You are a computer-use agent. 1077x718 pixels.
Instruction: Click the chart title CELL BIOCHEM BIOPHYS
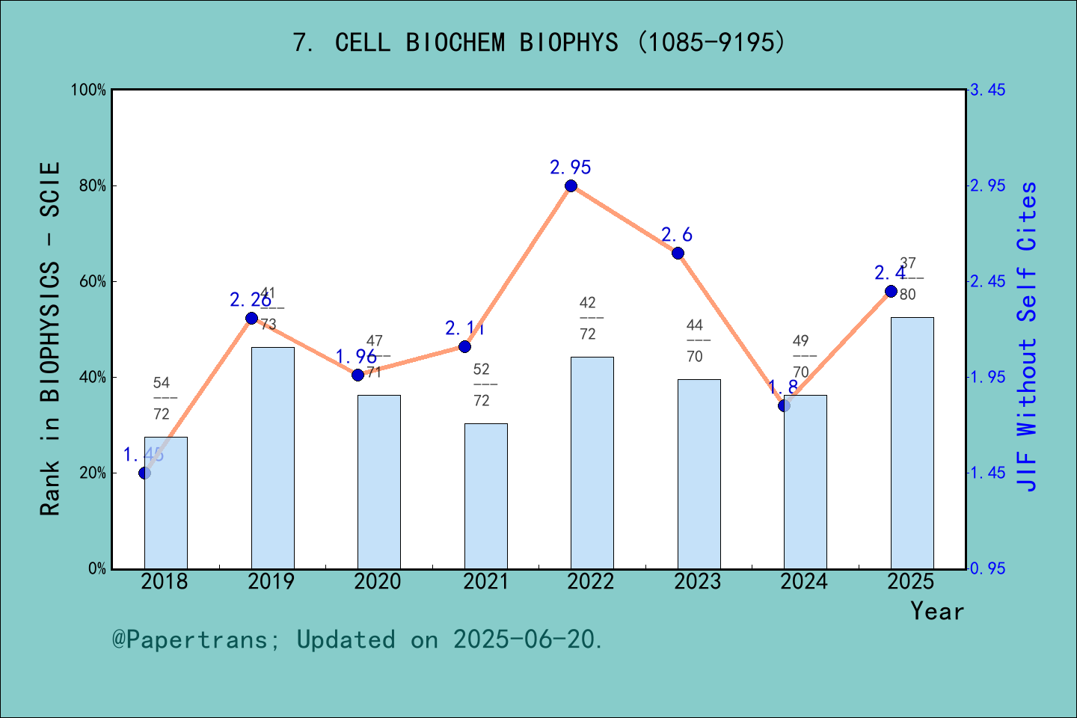tap(538, 43)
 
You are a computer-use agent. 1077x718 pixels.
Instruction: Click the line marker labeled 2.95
tap(571, 186)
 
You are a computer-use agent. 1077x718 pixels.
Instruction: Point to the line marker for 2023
tap(678, 253)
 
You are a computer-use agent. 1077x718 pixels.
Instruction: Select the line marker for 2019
tap(251, 319)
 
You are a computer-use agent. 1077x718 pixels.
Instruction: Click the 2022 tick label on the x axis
tap(590, 582)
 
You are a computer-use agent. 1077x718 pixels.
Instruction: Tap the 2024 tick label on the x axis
tap(804, 582)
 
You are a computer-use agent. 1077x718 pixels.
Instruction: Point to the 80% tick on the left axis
tap(93, 186)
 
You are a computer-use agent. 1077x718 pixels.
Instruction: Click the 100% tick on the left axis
tap(89, 90)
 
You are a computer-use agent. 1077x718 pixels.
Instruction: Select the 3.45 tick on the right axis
tap(987, 90)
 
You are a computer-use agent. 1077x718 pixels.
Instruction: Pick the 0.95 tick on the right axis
tap(987, 569)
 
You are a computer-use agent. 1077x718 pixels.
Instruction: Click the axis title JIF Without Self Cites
tap(1028, 337)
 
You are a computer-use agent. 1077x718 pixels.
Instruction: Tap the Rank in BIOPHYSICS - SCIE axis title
tap(50, 338)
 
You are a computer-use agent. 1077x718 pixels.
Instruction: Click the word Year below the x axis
tap(937, 612)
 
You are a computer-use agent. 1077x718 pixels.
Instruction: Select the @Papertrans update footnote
tap(358, 640)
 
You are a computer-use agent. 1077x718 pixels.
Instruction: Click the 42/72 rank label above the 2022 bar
tap(588, 319)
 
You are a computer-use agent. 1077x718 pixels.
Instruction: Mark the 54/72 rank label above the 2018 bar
tap(162, 399)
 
